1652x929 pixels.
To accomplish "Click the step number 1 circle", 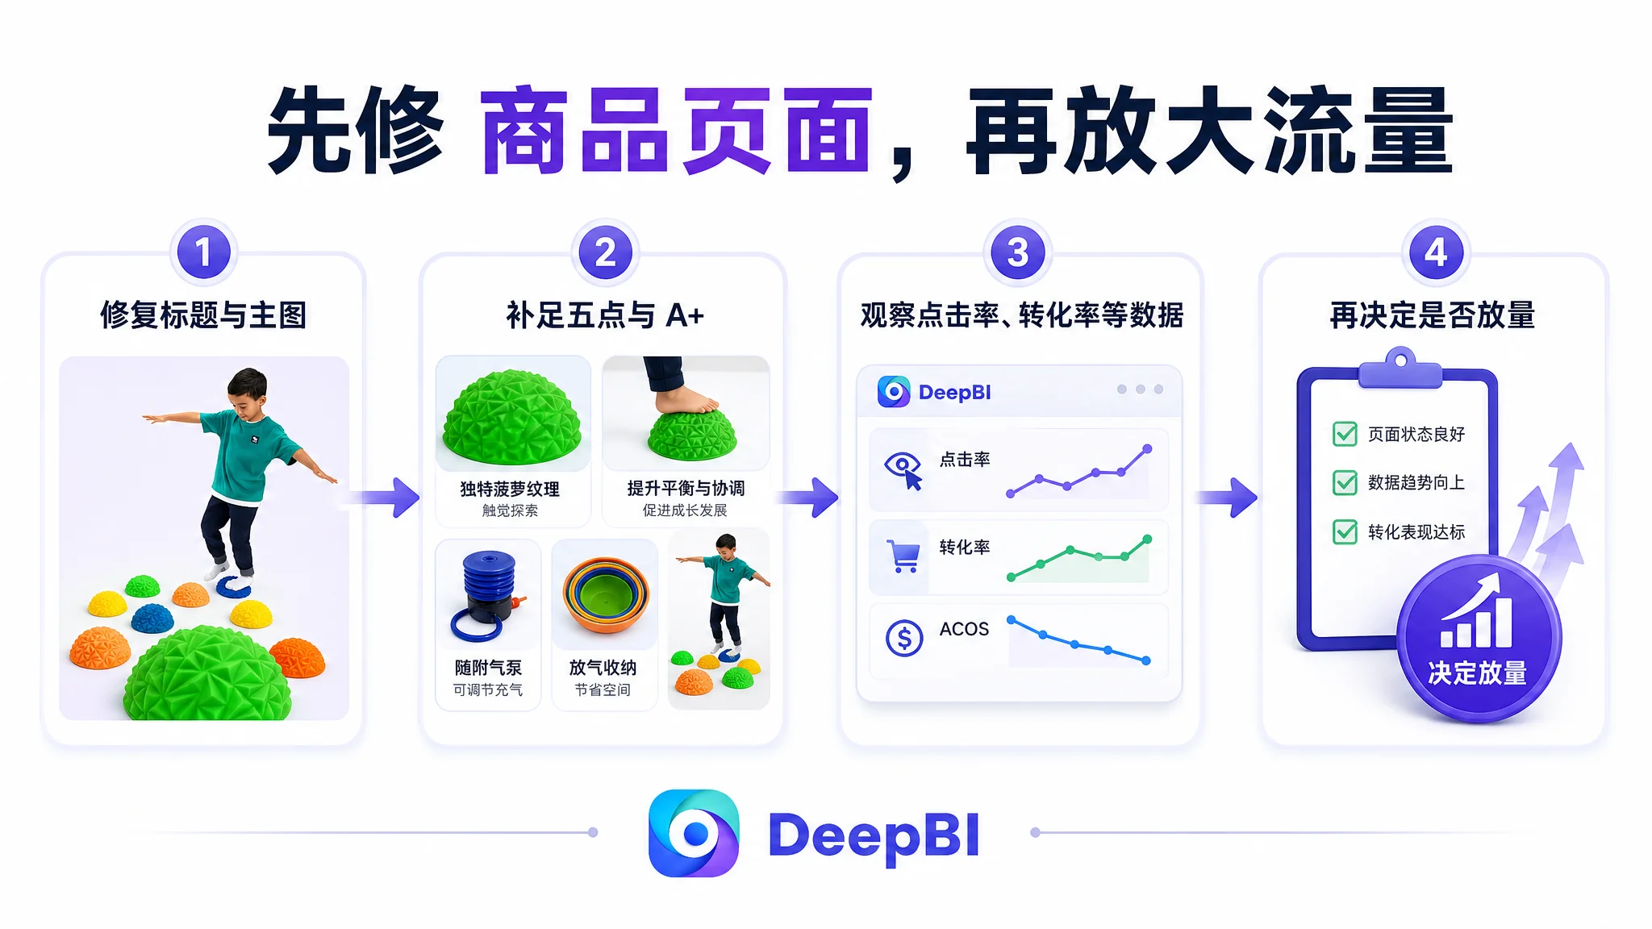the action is pyautogui.click(x=203, y=252).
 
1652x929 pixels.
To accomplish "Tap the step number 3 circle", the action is pyautogui.click(x=1018, y=252).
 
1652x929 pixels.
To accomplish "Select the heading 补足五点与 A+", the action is pyautogui.click(x=605, y=315).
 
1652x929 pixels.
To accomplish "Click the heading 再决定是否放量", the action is pyautogui.click(x=1432, y=315).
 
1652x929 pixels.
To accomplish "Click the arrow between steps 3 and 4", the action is pyautogui.click(x=1228, y=497).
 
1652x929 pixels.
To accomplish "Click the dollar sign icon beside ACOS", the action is pyautogui.click(x=904, y=639).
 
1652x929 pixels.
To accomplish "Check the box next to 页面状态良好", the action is pyautogui.click(x=1345, y=434).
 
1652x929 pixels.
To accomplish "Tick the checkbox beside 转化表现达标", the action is pyautogui.click(x=1345, y=532).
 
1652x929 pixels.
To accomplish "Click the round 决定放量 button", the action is pyautogui.click(x=1479, y=639).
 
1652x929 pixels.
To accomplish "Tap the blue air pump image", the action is pyautogui.click(x=488, y=595).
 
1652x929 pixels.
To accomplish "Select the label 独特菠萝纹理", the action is pyautogui.click(x=510, y=489).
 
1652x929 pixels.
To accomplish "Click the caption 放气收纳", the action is pyautogui.click(x=603, y=668).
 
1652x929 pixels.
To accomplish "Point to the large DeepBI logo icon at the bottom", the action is pyautogui.click(x=694, y=833).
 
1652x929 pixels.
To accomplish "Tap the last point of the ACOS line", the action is pyautogui.click(x=1146, y=661).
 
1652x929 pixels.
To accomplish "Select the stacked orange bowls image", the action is pyautogui.click(x=605, y=595).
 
